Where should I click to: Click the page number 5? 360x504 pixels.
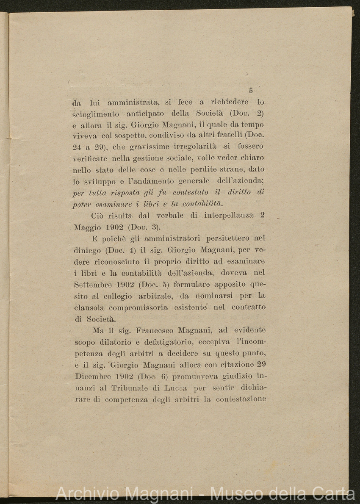pyautogui.click(x=251, y=91)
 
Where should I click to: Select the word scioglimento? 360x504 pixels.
pyautogui.click(x=94, y=114)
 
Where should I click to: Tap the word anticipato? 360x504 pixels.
pyautogui.click(x=145, y=114)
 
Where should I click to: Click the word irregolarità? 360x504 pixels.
pyautogui.click(x=195, y=147)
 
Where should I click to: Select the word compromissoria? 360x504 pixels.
pyautogui.click(x=138, y=307)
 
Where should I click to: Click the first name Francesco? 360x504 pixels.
pyautogui.click(x=147, y=330)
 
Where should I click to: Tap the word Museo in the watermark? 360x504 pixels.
pyautogui.click(x=234, y=494)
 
